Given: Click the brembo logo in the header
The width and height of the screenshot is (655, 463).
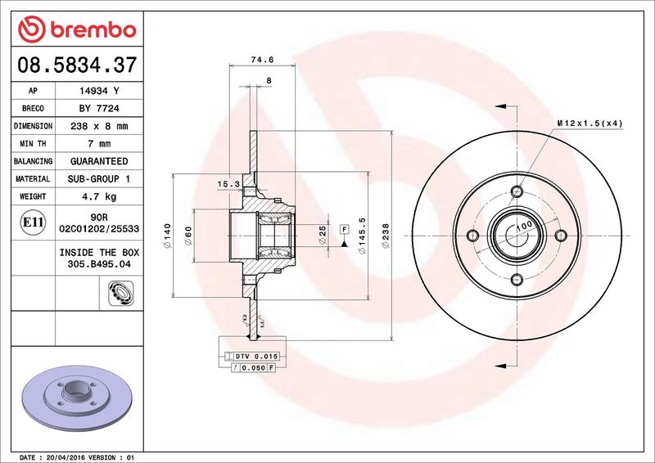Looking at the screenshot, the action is point(77,29).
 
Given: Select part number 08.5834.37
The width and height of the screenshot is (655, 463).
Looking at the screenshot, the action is point(77,65).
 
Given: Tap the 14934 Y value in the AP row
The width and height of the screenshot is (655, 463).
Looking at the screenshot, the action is point(99,91).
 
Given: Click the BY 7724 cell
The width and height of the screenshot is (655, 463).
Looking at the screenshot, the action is point(99,109).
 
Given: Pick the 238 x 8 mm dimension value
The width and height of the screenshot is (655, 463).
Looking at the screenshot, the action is point(99,126).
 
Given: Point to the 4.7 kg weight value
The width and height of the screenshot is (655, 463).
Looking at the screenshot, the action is point(99,196).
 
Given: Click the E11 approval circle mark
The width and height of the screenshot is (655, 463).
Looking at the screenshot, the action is point(33,223).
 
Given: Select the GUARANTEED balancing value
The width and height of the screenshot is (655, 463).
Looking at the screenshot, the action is point(99,161).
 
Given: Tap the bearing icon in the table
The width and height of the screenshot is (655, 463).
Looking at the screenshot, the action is point(120,293).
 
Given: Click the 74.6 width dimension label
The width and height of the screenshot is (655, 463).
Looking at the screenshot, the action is point(262,60).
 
